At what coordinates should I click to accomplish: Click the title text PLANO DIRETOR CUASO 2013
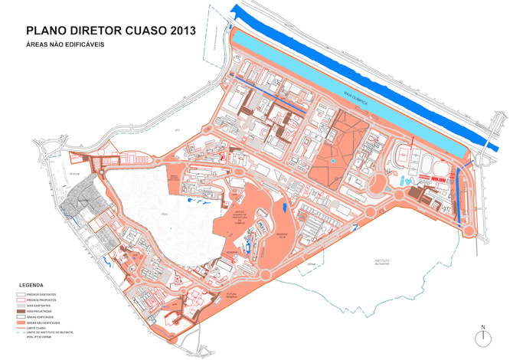tap(110, 31)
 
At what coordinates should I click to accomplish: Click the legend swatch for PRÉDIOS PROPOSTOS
tap(20, 299)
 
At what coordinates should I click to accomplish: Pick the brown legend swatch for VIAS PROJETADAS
tap(20, 311)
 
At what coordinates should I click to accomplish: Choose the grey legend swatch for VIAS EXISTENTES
tap(20, 306)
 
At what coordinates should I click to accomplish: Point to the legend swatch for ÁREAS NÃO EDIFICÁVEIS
tap(20, 322)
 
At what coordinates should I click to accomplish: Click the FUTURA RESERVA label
tap(234, 295)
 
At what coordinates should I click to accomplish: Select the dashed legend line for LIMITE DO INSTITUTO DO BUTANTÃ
tap(20, 333)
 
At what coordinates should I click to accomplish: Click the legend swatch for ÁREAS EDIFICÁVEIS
tap(20, 316)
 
